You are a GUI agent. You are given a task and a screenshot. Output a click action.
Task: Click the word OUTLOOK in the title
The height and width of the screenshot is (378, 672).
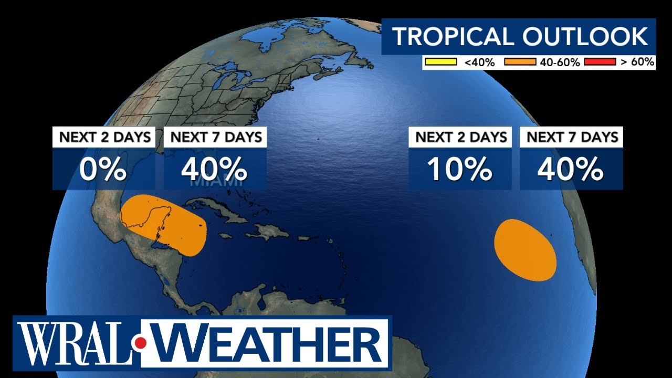[584, 36]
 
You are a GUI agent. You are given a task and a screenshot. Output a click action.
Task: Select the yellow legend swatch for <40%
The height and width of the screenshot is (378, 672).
[441, 62]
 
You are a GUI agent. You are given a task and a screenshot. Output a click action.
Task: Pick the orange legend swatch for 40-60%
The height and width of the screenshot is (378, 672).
[519, 62]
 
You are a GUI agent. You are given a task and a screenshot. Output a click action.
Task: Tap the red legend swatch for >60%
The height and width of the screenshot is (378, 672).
[600, 62]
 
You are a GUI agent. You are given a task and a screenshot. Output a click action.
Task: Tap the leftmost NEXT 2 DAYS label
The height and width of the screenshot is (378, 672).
[104, 138]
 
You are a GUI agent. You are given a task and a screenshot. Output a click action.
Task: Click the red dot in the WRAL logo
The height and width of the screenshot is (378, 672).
[141, 343]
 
